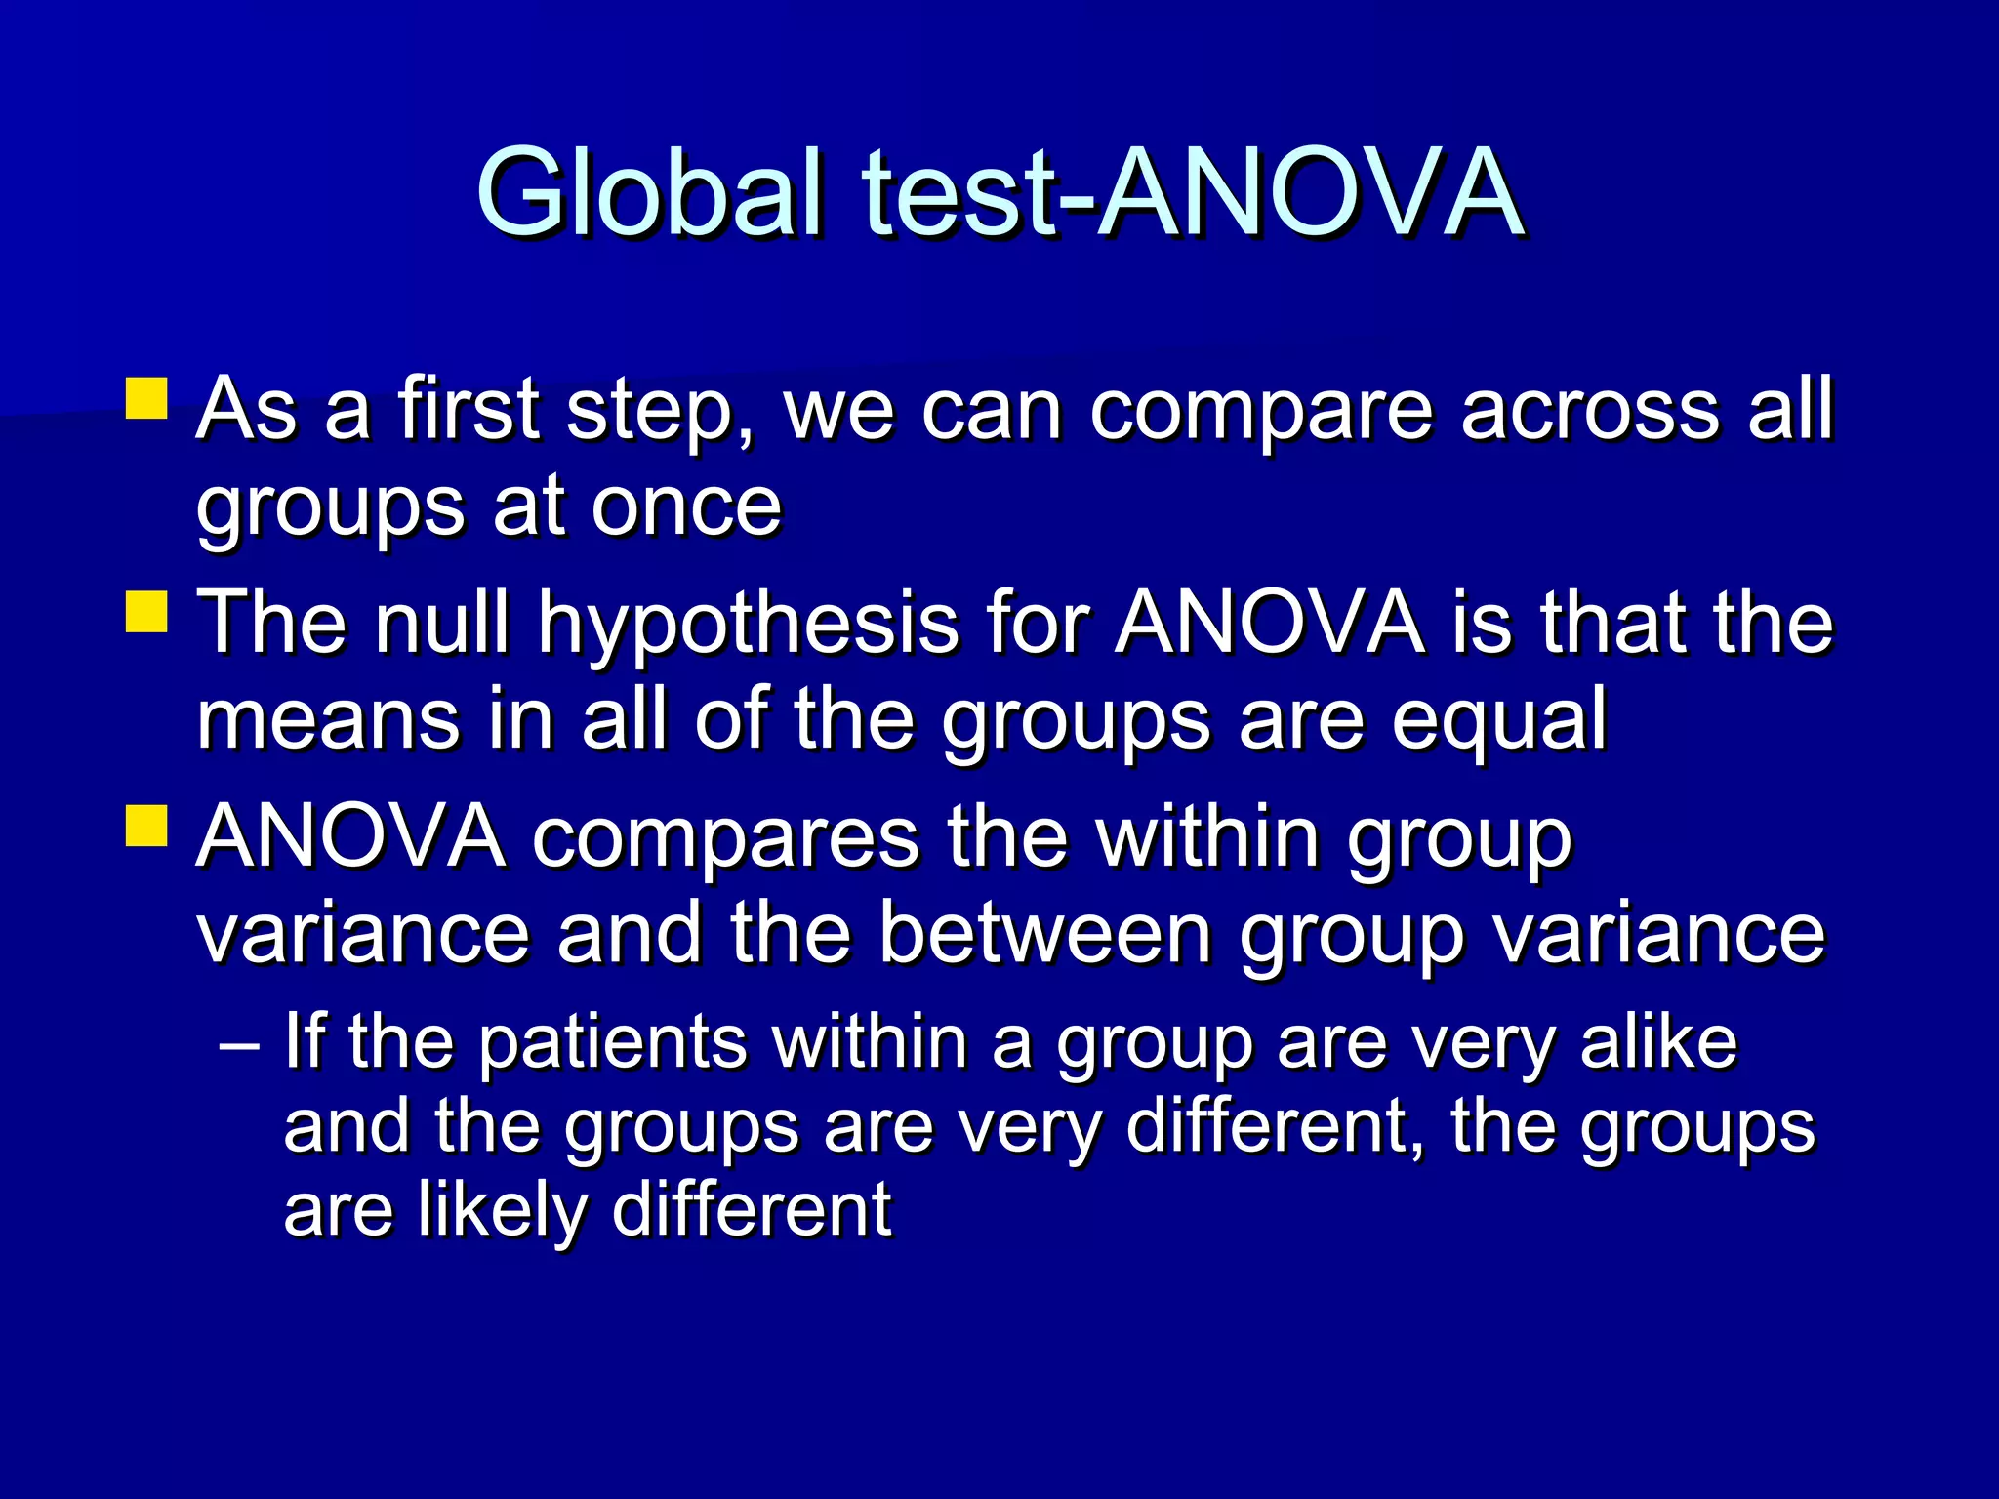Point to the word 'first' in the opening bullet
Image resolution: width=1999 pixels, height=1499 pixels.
pyautogui.click(x=469, y=410)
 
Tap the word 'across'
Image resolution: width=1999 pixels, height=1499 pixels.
pyautogui.click(x=1590, y=411)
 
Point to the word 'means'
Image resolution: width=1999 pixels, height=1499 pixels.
pyautogui.click(x=328, y=719)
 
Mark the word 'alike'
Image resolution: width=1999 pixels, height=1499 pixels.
pyautogui.click(x=1658, y=1042)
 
